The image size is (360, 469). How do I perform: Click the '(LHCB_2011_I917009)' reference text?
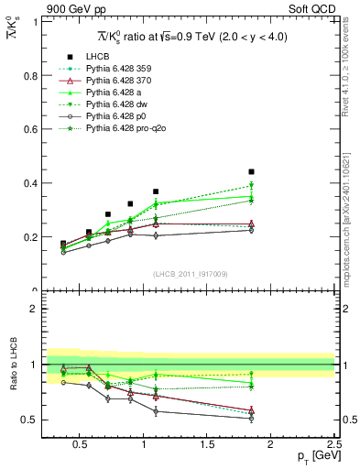[x=190, y=274]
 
